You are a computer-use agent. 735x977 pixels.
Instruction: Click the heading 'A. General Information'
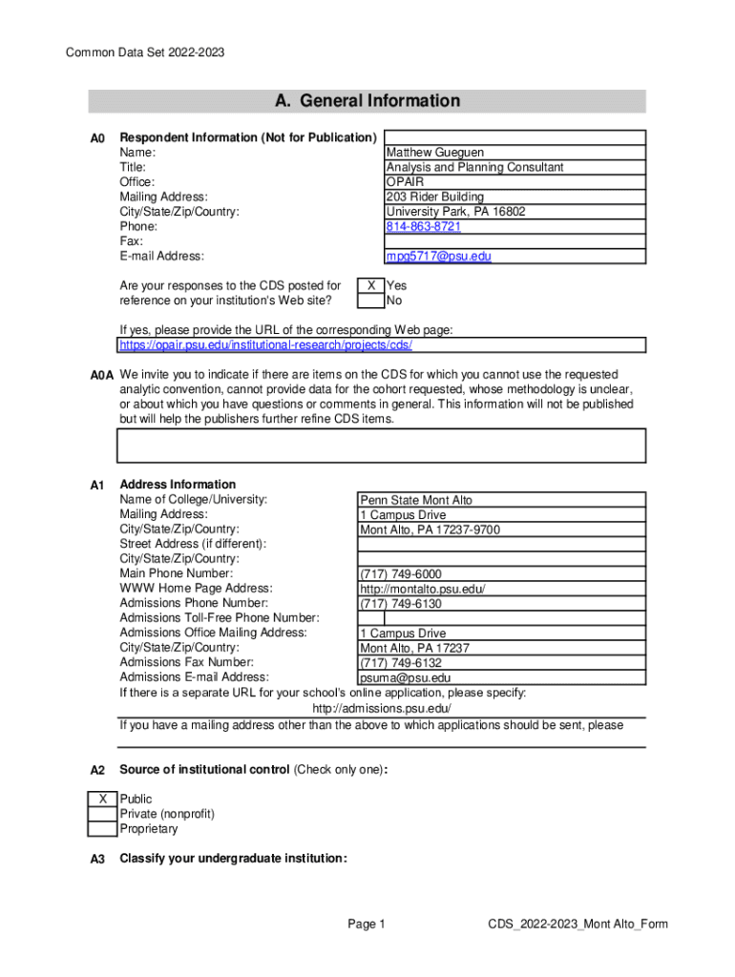[x=367, y=101]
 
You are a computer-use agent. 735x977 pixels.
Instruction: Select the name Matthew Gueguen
[x=434, y=153]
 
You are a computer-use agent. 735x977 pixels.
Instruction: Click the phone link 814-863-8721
[x=423, y=227]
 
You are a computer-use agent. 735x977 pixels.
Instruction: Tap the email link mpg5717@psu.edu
[x=438, y=257]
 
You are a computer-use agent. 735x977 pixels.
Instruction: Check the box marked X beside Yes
[x=370, y=285]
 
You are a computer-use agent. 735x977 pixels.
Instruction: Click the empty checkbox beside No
[x=370, y=301]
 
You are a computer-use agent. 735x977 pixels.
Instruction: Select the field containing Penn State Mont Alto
[x=415, y=500]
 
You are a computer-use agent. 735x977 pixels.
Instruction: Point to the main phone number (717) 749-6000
[x=400, y=573]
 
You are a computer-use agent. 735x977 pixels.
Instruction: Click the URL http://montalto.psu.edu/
[x=422, y=589]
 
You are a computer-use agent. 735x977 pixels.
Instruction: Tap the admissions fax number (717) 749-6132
[x=400, y=663]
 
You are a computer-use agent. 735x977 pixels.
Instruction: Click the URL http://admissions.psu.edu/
[x=382, y=709]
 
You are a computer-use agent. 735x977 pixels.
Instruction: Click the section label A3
[x=97, y=860]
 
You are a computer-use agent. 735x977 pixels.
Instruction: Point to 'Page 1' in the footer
[x=367, y=924]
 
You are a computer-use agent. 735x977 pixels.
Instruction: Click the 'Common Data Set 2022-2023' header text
[x=145, y=52]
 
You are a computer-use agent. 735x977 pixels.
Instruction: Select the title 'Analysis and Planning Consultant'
[x=474, y=168]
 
